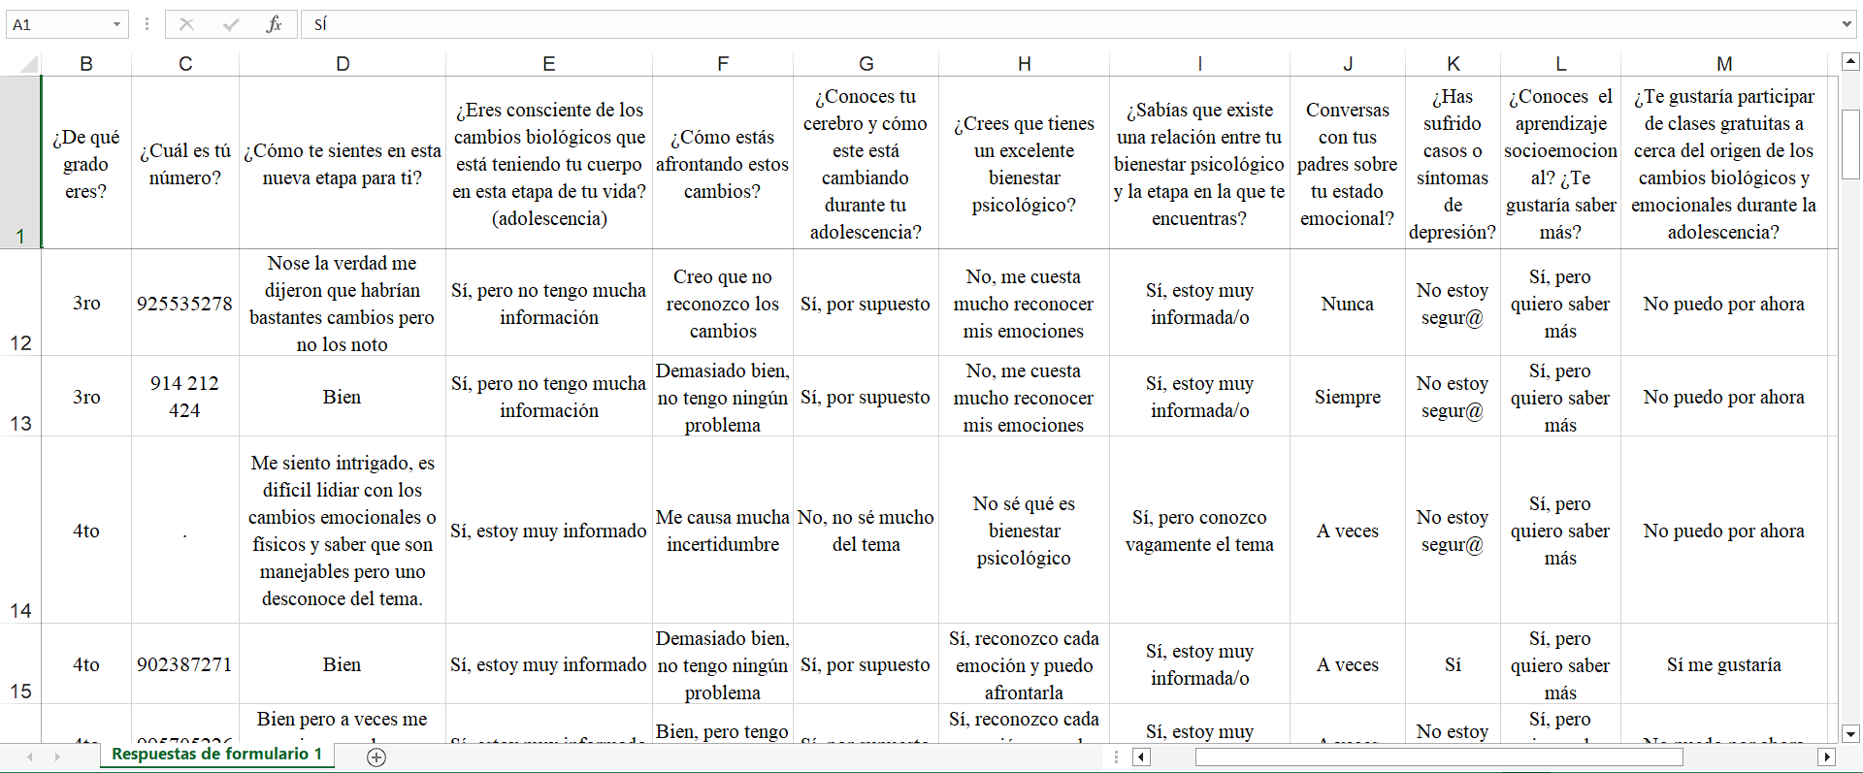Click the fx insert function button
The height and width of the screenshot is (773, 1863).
pos(274,24)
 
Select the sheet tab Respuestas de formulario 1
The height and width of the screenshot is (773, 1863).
pos(216,754)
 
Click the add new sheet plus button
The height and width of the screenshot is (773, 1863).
pos(376,757)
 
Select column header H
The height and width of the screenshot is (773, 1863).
pos(1024,64)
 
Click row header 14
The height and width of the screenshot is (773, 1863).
pos(20,530)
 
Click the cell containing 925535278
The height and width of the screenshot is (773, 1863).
pos(184,304)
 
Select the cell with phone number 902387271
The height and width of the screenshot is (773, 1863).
pos(184,664)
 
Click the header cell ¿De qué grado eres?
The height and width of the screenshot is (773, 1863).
pos(86,164)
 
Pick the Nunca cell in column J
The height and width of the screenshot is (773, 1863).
pos(1347,304)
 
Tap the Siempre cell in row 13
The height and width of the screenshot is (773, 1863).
pos(1347,397)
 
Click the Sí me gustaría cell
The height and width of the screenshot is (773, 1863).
pos(1723,664)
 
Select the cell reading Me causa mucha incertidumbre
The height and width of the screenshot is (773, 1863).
pos(722,531)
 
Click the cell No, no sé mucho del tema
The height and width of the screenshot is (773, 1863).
pos(866,531)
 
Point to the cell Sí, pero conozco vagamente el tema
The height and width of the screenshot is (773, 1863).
pos(1199,531)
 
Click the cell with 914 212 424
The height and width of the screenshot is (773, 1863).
pos(184,397)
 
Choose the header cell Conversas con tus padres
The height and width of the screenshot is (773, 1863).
pos(1347,164)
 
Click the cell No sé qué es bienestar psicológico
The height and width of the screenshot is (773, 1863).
pos(1024,531)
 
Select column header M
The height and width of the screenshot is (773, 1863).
pos(1723,64)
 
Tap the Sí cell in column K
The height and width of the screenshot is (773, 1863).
pos(1452,664)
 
